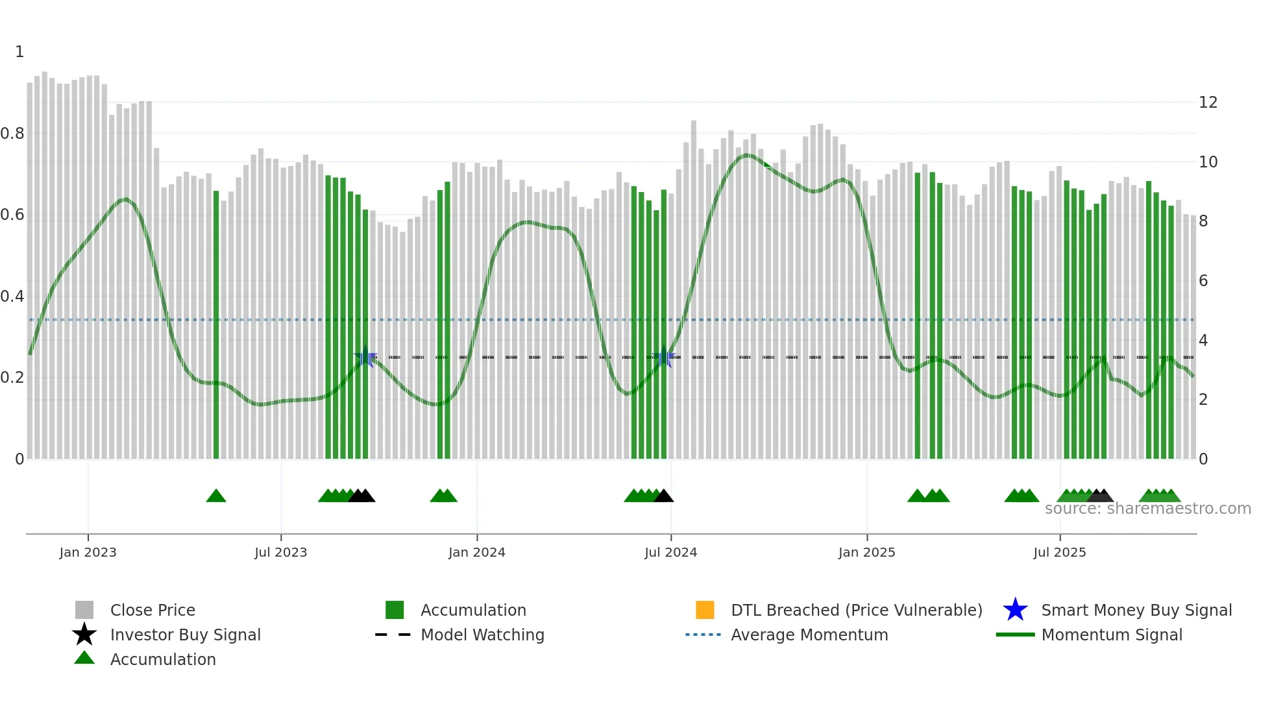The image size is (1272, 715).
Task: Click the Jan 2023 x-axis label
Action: [x=88, y=553]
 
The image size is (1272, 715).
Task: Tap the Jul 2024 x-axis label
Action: [x=670, y=553]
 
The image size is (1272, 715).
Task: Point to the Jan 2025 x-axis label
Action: [x=866, y=553]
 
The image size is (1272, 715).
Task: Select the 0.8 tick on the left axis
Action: [x=12, y=134]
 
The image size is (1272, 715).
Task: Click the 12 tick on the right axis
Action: [x=1208, y=103]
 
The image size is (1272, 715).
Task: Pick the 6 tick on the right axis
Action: [x=1203, y=281]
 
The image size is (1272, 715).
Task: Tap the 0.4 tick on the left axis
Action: [x=12, y=297]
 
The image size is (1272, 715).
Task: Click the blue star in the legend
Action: [x=1015, y=610]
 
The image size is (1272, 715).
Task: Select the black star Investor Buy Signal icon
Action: [x=84, y=635]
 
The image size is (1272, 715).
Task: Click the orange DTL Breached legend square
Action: [x=705, y=610]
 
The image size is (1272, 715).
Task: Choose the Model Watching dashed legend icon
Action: [x=393, y=635]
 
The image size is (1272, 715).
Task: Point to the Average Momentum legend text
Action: [x=809, y=635]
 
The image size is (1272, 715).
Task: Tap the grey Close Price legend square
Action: [x=84, y=610]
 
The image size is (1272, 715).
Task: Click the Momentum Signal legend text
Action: [x=1112, y=635]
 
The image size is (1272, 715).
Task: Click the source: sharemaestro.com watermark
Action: [x=1147, y=509]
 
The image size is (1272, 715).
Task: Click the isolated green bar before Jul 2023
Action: [x=216, y=324]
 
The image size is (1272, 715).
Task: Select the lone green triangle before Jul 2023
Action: [x=216, y=496]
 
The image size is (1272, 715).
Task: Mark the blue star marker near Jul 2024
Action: [x=664, y=357]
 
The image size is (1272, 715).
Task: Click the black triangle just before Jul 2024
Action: [x=663, y=496]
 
